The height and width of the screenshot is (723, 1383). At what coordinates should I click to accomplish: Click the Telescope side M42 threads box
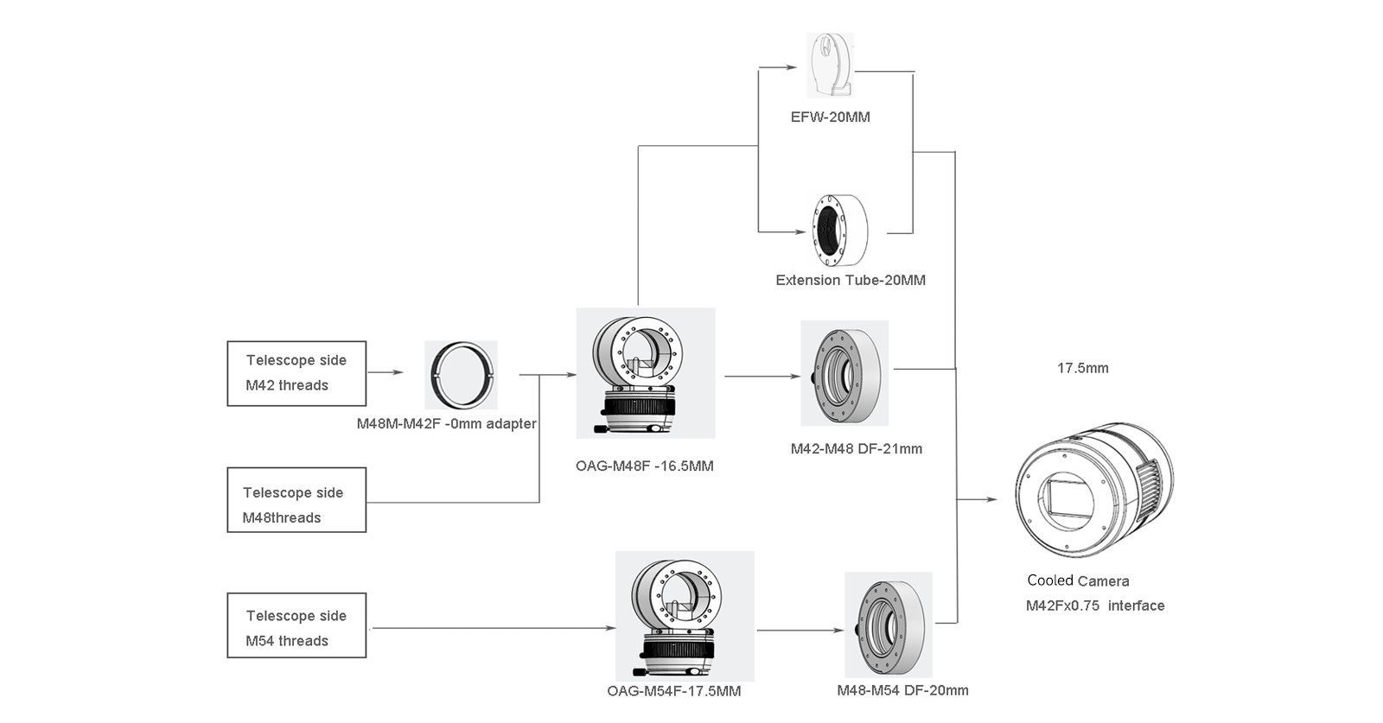pos(296,373)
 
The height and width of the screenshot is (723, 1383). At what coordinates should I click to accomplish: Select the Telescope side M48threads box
pos(296,500)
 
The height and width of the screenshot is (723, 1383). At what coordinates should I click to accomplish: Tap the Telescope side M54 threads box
pos(296,625)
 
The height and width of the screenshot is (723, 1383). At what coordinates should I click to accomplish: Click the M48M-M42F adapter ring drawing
pos(462,375)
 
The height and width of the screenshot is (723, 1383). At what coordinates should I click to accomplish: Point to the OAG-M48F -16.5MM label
pos(645,466)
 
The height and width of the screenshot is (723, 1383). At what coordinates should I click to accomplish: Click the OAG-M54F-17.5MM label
pos(674,691)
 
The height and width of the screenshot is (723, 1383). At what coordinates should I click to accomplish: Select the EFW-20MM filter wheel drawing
pos(830,66)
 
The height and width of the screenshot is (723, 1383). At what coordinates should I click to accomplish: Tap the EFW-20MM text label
pos(830,117)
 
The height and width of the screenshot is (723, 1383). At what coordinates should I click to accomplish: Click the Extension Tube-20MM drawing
pos(838,229)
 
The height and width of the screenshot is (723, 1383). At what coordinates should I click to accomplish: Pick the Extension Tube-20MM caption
pos(851,280)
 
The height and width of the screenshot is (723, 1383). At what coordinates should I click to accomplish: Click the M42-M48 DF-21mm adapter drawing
pos(844,373)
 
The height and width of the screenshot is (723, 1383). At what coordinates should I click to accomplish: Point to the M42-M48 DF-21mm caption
pos(856,449)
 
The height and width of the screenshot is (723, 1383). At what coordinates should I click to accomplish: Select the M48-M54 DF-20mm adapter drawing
pos(889,625)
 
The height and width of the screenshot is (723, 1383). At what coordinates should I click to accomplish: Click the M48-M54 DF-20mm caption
pos(902,690)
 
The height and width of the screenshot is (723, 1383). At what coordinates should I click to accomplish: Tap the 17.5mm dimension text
pos(1082,368)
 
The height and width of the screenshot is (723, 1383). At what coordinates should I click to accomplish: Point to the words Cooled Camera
pos(1078,580)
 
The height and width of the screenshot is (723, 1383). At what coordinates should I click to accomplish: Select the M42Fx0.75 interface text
pos(1095,606)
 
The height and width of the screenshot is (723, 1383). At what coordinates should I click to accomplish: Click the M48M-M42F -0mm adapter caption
pos(446,424)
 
